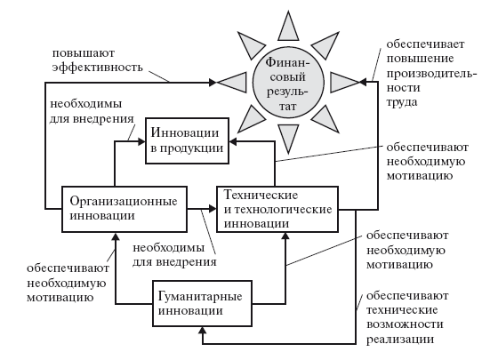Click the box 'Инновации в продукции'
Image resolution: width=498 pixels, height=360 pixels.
[187, 141]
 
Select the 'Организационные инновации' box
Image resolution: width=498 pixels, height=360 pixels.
[124, 209]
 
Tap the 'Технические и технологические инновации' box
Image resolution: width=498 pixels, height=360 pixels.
[277, 209]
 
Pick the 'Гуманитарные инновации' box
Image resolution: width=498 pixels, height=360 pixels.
[203, 303]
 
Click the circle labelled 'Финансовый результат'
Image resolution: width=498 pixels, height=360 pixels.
[288, 83]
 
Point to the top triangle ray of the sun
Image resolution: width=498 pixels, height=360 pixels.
[288, 27]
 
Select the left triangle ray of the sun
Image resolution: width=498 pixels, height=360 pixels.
[232, 83]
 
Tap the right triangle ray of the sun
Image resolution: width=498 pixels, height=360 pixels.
[345, 83]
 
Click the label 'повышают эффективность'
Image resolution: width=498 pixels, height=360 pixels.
[98, 60]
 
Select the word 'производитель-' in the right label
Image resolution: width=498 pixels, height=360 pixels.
[432, 73]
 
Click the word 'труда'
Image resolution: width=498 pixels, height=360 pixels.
[401, 103]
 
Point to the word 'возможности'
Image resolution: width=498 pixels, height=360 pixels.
[405, 324]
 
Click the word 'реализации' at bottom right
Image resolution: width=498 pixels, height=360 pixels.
[400, 339]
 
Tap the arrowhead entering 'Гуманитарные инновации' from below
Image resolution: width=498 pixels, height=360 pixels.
[203, 331]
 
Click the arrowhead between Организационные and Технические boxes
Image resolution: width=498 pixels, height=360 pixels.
[213, 209]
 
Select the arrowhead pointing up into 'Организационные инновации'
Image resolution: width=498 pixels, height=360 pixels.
[116, 236]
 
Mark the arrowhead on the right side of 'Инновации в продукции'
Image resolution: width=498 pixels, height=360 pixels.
[233, 142]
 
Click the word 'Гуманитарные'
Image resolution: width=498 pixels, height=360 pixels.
[200, 297]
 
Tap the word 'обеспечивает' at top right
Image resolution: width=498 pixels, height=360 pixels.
[425, 44]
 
